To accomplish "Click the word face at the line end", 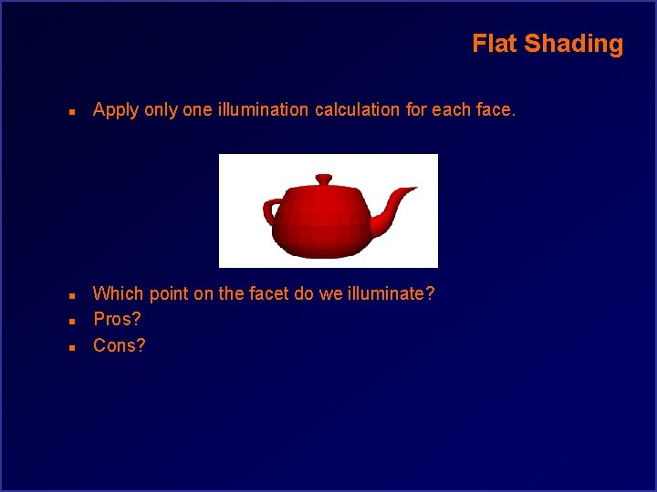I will pyautogui.click(x=495, y=110).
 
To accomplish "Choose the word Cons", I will pyautogui.click(x=119, y=346).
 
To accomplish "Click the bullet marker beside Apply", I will pyautogui.click(x=71, y=111).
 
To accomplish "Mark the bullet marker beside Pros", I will pyautogui.click(x=71, y=321).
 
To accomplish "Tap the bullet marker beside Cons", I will pyautogui.click(x=71, y=347).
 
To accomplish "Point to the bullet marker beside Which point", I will pyautogui.click(x=71, y=294).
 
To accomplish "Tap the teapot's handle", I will pyautogui.click(x=272, y=213).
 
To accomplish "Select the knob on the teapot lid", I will pyautogui.click(x=324, y=179).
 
